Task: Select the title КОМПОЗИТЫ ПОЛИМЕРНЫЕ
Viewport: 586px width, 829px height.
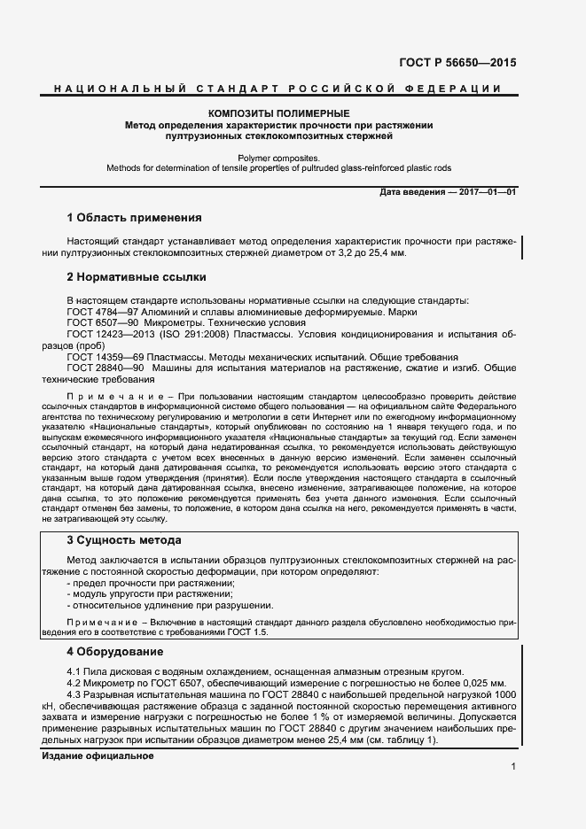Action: [278, 113]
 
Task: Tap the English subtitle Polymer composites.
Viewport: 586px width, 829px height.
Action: [278, 156]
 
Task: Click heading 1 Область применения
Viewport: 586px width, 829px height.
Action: [134, 217]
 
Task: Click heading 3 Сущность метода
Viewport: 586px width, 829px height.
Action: [124, 539]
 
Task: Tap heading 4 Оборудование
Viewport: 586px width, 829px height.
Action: [115, 652]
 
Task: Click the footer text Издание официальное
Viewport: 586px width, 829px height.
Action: [98, 732]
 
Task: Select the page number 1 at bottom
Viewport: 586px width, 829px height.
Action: [513, 765]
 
